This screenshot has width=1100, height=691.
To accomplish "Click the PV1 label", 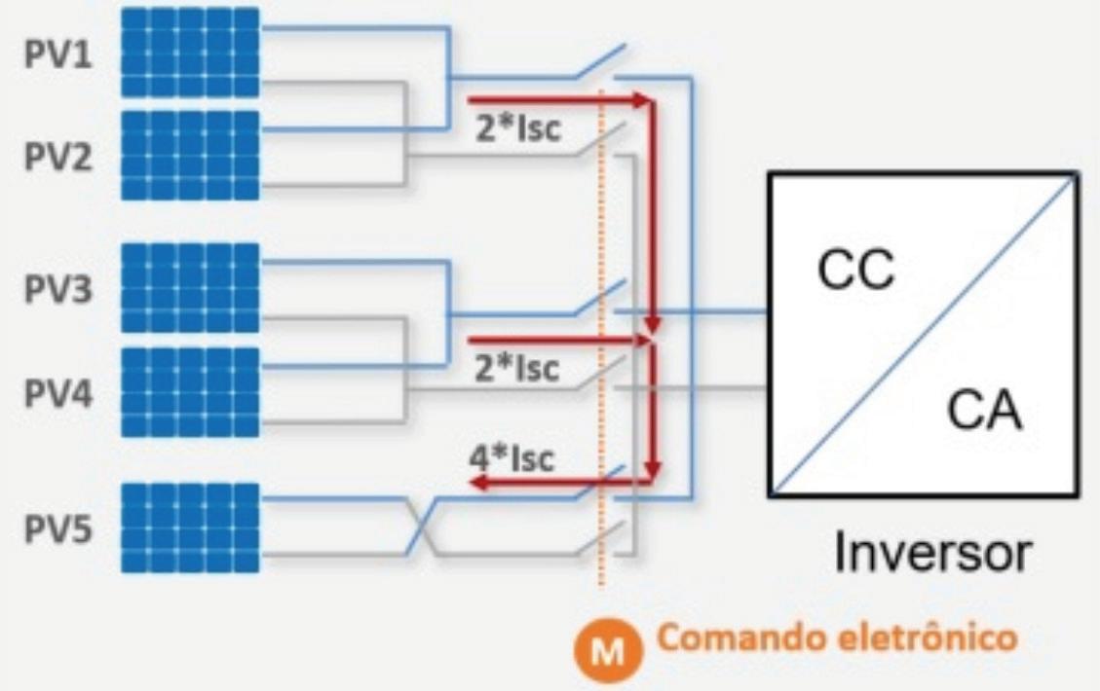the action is pos(58,54).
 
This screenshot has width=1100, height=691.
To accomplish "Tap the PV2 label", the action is pos(58,157).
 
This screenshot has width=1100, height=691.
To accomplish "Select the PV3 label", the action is pos(58,289).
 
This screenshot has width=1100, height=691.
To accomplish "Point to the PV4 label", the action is pos(58,393).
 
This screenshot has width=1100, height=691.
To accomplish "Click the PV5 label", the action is pos(58,529).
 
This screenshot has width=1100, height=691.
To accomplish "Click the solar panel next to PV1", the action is pos(190,52).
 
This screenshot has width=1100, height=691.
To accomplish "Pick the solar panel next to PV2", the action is pos(190,156).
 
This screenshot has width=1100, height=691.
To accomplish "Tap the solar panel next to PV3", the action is pos(190,287).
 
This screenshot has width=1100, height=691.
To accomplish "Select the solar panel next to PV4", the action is pos(190,392).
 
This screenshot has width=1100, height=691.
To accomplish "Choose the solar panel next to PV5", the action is pos(190,527).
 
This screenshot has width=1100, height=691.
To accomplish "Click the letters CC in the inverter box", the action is pos(856,270).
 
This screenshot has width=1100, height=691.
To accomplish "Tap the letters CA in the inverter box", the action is pos(983,410).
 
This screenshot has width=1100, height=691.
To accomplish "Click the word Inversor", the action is pos(932,553).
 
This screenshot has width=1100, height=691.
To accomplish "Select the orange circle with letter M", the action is pos(608,650).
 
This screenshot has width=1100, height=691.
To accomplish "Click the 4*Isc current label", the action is pos(512,458).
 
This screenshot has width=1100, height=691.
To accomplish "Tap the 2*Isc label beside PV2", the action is pos(517,128).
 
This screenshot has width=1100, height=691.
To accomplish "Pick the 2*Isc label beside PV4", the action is pos(517,368).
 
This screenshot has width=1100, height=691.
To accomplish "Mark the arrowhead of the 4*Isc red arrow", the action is pos(479,482).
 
